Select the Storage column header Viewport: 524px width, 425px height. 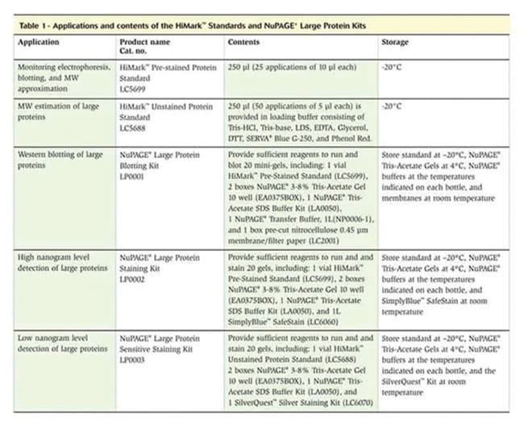[395, 42]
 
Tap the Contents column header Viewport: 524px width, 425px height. [243, 42]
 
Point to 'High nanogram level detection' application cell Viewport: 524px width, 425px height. [61, 261]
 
